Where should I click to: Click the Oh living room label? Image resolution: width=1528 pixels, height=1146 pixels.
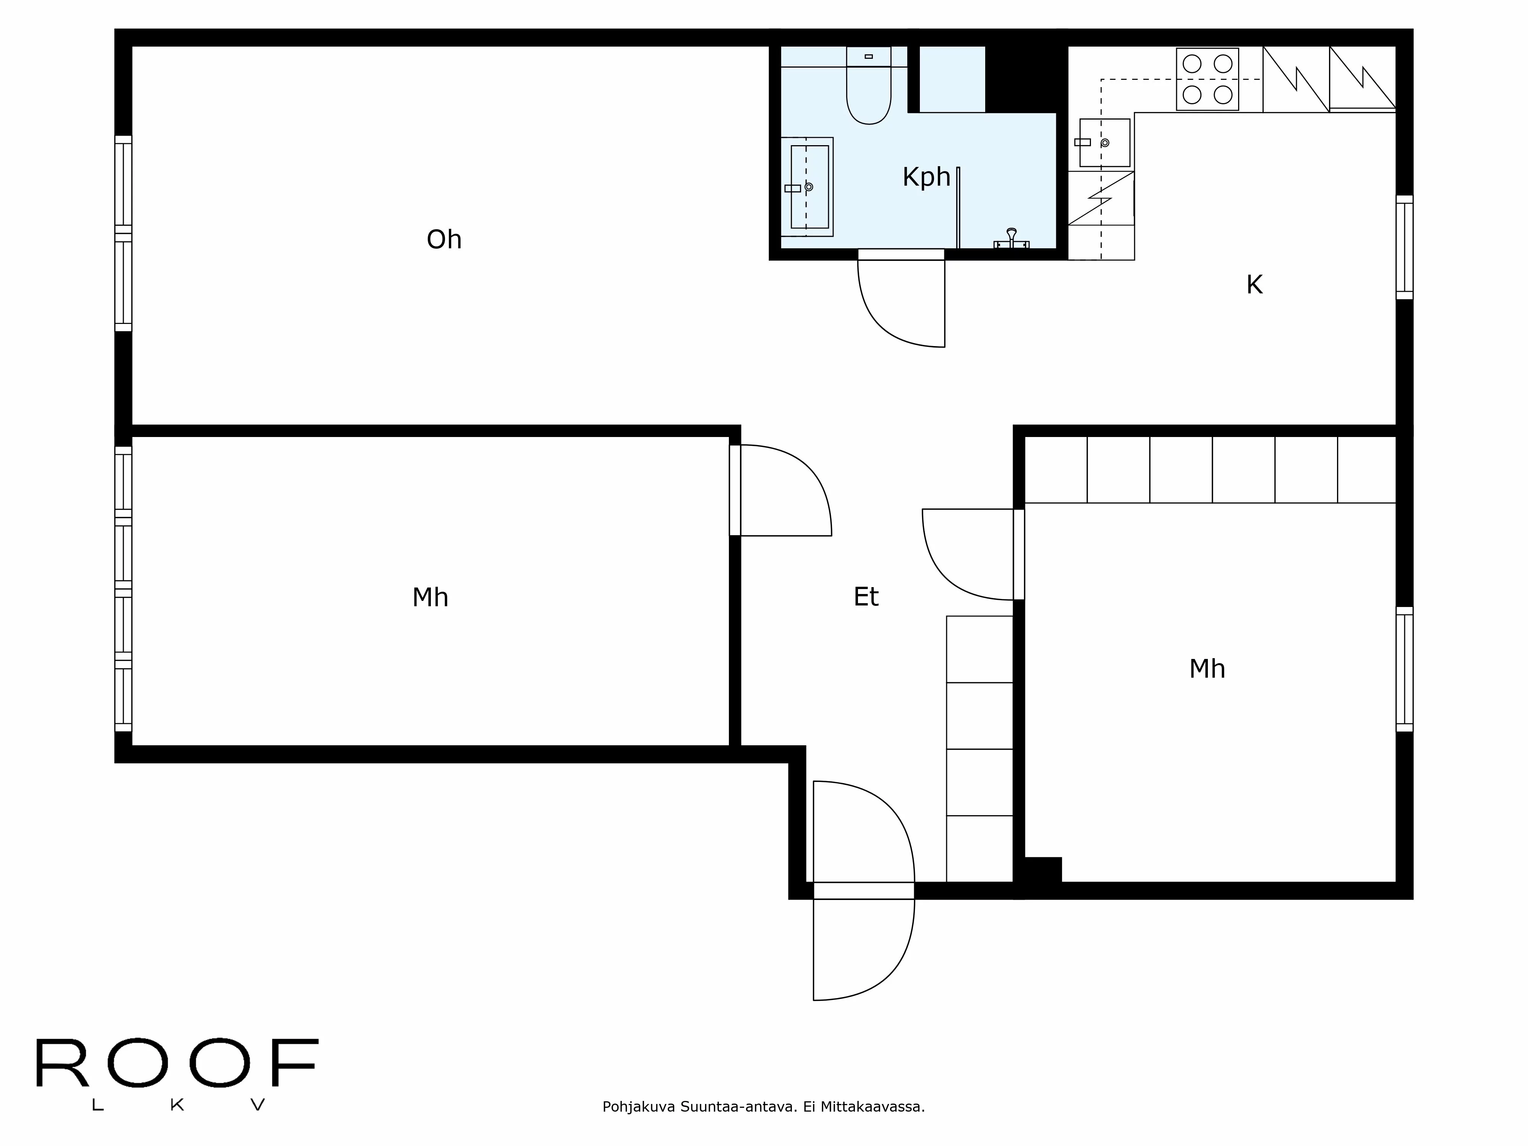tap(444, 240)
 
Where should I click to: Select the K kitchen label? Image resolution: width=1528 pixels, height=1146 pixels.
tap(1254, 285)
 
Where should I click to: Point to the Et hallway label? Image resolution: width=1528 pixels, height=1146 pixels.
tap(866, 597)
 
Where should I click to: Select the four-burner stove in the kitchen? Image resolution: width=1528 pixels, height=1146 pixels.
tap(1207, 79)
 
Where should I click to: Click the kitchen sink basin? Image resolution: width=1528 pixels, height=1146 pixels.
tap(1105, 143)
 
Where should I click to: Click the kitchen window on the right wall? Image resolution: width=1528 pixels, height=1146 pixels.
tap(1404, 247)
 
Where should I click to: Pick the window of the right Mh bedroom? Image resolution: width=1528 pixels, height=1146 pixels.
tap(1404, 668)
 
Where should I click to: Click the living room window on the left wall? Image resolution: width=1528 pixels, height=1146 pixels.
tap(123, 233)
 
